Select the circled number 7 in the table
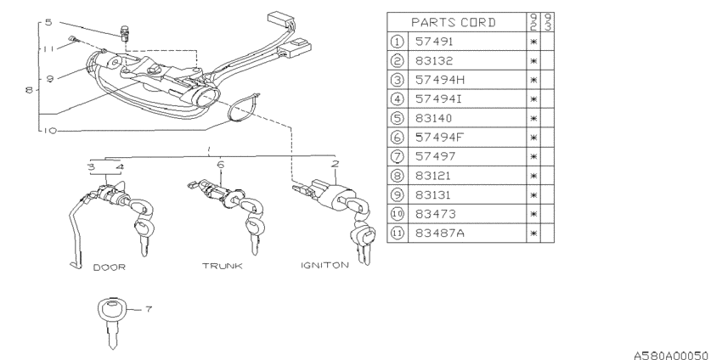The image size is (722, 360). (398, 156)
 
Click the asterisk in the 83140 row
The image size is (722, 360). (534, 118)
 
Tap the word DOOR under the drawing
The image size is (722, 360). (109, 266)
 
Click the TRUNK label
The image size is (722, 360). (222, 266)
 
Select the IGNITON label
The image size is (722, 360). (324, 265)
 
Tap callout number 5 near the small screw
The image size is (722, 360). (48, 22)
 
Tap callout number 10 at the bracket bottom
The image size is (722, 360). (50, 130)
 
